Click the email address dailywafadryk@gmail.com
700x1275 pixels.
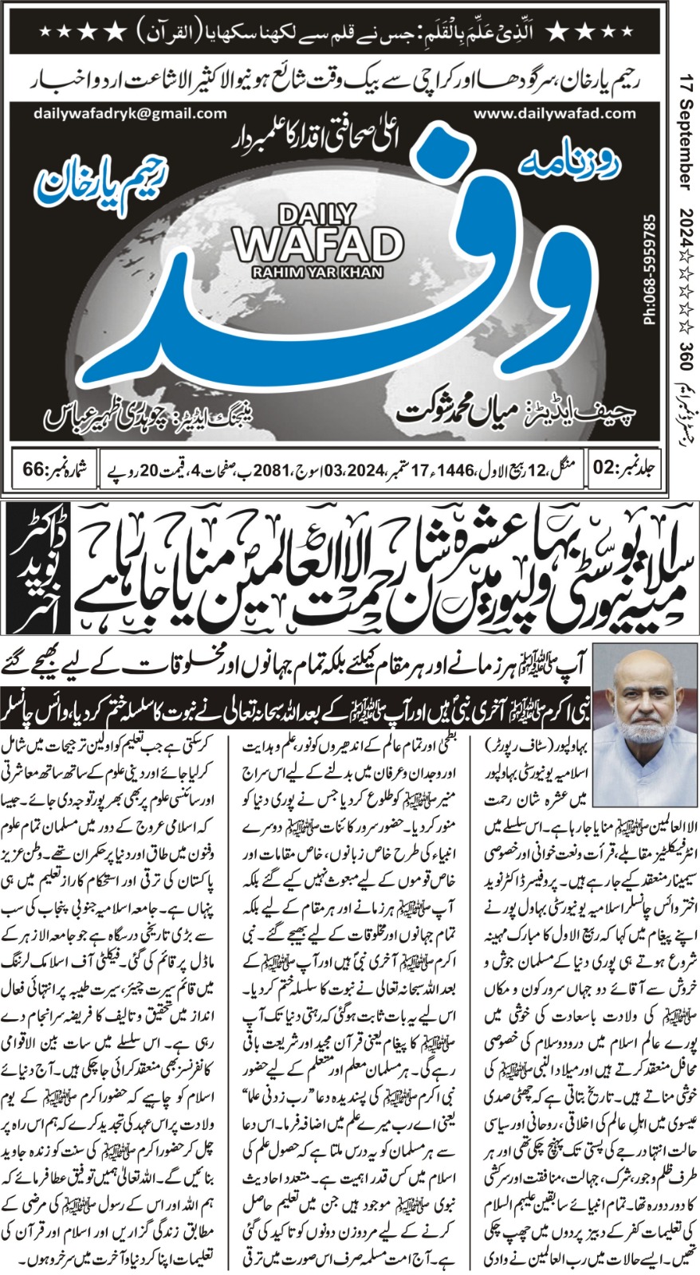coord(131,114)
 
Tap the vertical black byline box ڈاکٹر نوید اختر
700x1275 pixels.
coord(32,567)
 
